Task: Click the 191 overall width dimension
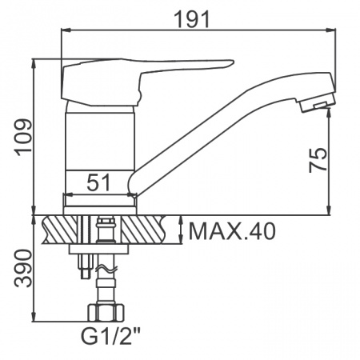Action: click(x=192, y=19)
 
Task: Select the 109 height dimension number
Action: click(x=24, y=136)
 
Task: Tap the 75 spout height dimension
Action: click(x=318, y=160)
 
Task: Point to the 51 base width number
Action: click(x=98, y=182)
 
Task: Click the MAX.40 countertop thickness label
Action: click(x=232, y=231)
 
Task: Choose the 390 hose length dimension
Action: click(x=23, y=268)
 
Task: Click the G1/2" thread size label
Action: click(x=110, y=337)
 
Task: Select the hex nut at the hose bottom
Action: click(x=106, y=312)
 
